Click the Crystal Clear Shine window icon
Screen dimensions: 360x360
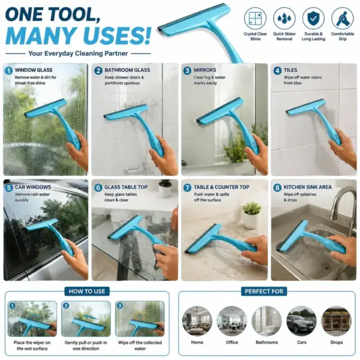[x=255, y=19]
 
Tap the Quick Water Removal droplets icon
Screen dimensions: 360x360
[x=284, y=19]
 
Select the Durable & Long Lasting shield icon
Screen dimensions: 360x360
[x=313, y=19]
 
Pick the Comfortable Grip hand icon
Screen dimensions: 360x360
[x=343, y=19]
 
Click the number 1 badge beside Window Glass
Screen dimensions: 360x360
[x=9, y=70]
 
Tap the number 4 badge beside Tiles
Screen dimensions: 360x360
[x=277, y=70]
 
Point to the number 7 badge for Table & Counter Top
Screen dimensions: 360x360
[x=187, y=188]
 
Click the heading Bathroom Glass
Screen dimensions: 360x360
[x=127, y=70]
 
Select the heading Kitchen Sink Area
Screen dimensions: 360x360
[x=307, y=187]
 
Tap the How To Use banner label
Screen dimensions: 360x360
[x=87, y=292]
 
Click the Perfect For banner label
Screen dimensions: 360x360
[x=264, y=292]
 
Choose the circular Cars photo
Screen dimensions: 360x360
[x=301, y=321]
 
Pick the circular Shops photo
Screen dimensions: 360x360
[x=337, y=321]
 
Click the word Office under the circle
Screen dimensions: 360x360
[x=232, y=343]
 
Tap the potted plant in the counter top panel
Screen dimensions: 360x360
[x=251, y=215]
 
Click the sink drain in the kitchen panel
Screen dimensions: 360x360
[x=327, y=266]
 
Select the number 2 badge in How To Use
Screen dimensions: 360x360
[x=66, y=305]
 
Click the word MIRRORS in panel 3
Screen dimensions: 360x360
[x=205, y=70]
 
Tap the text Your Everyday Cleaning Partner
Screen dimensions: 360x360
[x=78, y=53]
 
